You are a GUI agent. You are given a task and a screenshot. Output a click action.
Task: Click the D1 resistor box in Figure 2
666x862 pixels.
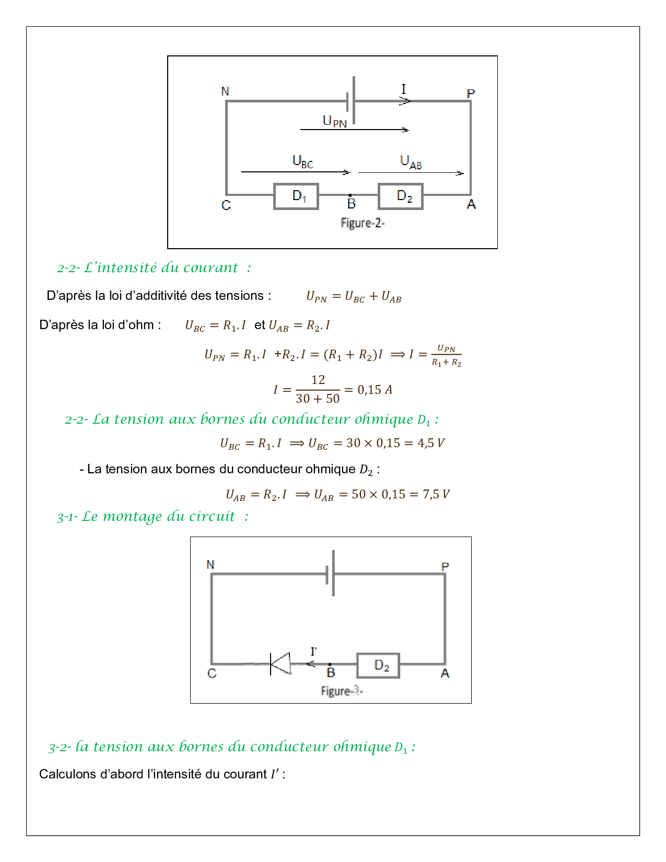[296, 196]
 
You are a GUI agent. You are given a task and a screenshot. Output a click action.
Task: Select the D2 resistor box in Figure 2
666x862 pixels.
[401, 196]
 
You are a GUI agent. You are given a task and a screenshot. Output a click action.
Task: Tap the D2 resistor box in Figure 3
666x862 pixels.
[378, 666]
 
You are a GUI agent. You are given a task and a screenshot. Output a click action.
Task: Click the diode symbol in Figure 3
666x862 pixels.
[280, 664]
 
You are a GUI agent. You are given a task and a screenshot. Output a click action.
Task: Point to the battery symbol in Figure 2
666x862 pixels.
[351, 101]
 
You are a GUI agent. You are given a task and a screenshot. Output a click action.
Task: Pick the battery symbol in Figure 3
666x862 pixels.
[330, 574]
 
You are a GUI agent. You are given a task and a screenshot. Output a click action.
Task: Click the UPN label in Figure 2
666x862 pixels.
[334, 121]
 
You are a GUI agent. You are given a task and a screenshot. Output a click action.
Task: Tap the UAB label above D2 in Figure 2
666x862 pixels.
[411, 162]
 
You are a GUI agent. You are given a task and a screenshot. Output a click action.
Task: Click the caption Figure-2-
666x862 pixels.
[363, 223]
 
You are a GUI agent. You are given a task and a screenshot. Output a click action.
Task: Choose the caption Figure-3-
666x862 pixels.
[342, 691]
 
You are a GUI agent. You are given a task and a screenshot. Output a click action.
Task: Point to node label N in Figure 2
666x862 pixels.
[225, 91]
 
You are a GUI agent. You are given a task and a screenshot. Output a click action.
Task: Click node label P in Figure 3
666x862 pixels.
[445, 566]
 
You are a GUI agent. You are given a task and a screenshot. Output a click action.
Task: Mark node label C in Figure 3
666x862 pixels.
[212, 673]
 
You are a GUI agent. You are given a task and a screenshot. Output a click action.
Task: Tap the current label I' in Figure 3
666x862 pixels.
[313, 651]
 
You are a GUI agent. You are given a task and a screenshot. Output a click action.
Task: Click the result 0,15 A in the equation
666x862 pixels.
[375, 390]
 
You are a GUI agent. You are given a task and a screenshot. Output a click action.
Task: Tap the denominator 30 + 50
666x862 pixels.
[318, 399]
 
